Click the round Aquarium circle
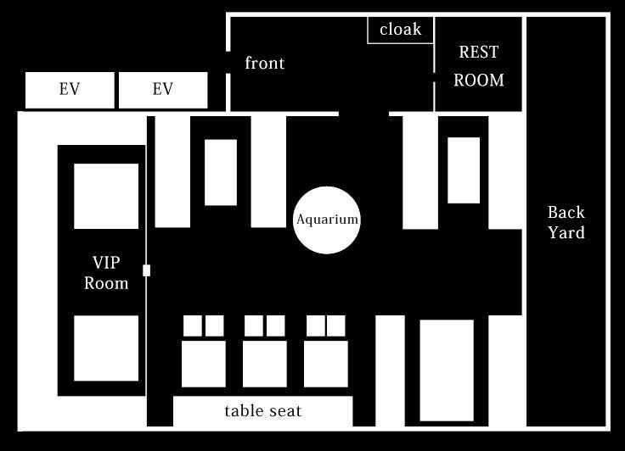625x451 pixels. pyautogui.click(x=327, y=220)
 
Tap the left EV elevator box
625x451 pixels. pyautogui.click(x=70, y=90)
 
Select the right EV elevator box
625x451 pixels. pyautogui.click(x=163, y=90)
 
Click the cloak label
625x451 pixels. pyautogui.click(x=400, y=29)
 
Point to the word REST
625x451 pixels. pyautogui.click(x=478, y=52)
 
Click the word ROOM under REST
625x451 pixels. pyautogui.click(x=479, y=80)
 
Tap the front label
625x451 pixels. pyautogui.click(x=265, y=63)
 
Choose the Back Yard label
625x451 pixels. pyautogui.click(x=566, y=222)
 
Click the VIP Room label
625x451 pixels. pyautogui.click(x=106, y=273)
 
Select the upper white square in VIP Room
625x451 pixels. pyautogui.click(x=106, y=196)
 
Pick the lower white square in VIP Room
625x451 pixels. pyautogui.click(x=106, y=348)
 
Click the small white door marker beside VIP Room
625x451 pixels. pyautogui.click(x=146, y=270)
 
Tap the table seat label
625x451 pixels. pyautogui.click(x=263, y=411)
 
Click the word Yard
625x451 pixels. pyautogui.click(x=566, y=232)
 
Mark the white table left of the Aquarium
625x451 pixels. pyautogui.click(x=221, y=172)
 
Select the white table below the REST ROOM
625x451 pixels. pyautogui.click(x=464, y=170)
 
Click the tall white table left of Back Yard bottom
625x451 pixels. pyautogui.click(x=447, y=370)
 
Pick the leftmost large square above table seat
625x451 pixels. pyautogui.click(x=204, y=364)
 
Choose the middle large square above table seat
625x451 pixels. pyautogui.click(x=265, y=364)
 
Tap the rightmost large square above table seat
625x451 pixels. pyautogui.click(x=325, y=364)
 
